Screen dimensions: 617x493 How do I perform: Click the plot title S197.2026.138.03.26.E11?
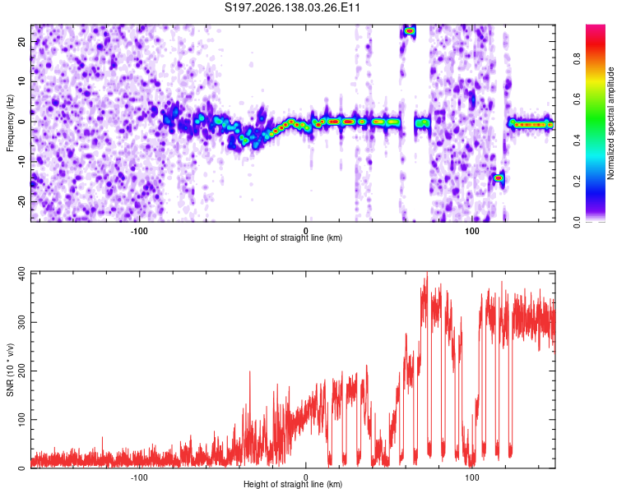pos(292,7)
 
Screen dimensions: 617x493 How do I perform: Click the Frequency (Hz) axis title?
pos(10,123)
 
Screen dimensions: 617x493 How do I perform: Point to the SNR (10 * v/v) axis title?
pos(10,370)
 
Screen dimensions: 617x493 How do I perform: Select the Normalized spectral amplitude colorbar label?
pos(610,123)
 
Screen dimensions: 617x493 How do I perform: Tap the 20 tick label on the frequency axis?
pos(21,42)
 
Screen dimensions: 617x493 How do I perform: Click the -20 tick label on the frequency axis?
pos(21,202)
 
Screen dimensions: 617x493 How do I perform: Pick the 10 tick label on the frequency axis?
pos(21,82)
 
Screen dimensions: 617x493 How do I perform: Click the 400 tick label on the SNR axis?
pos(21,274)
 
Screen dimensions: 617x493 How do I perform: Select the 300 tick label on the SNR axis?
pos(21,322)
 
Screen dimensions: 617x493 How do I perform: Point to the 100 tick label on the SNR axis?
pos(21,420)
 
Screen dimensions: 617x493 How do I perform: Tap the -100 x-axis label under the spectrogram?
pos(139,231)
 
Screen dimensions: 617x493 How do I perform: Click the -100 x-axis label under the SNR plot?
pos(139,477)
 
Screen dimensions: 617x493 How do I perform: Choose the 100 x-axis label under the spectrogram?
pos(472,231)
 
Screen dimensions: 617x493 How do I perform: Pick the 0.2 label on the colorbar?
pos(577,182)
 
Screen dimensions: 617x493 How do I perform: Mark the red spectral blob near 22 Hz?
pos(410,30)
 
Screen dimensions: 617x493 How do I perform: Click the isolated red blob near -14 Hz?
pos(499,178)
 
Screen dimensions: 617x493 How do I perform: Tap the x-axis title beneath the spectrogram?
pos(293,237)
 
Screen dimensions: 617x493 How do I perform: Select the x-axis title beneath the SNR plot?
pos(293,484)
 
